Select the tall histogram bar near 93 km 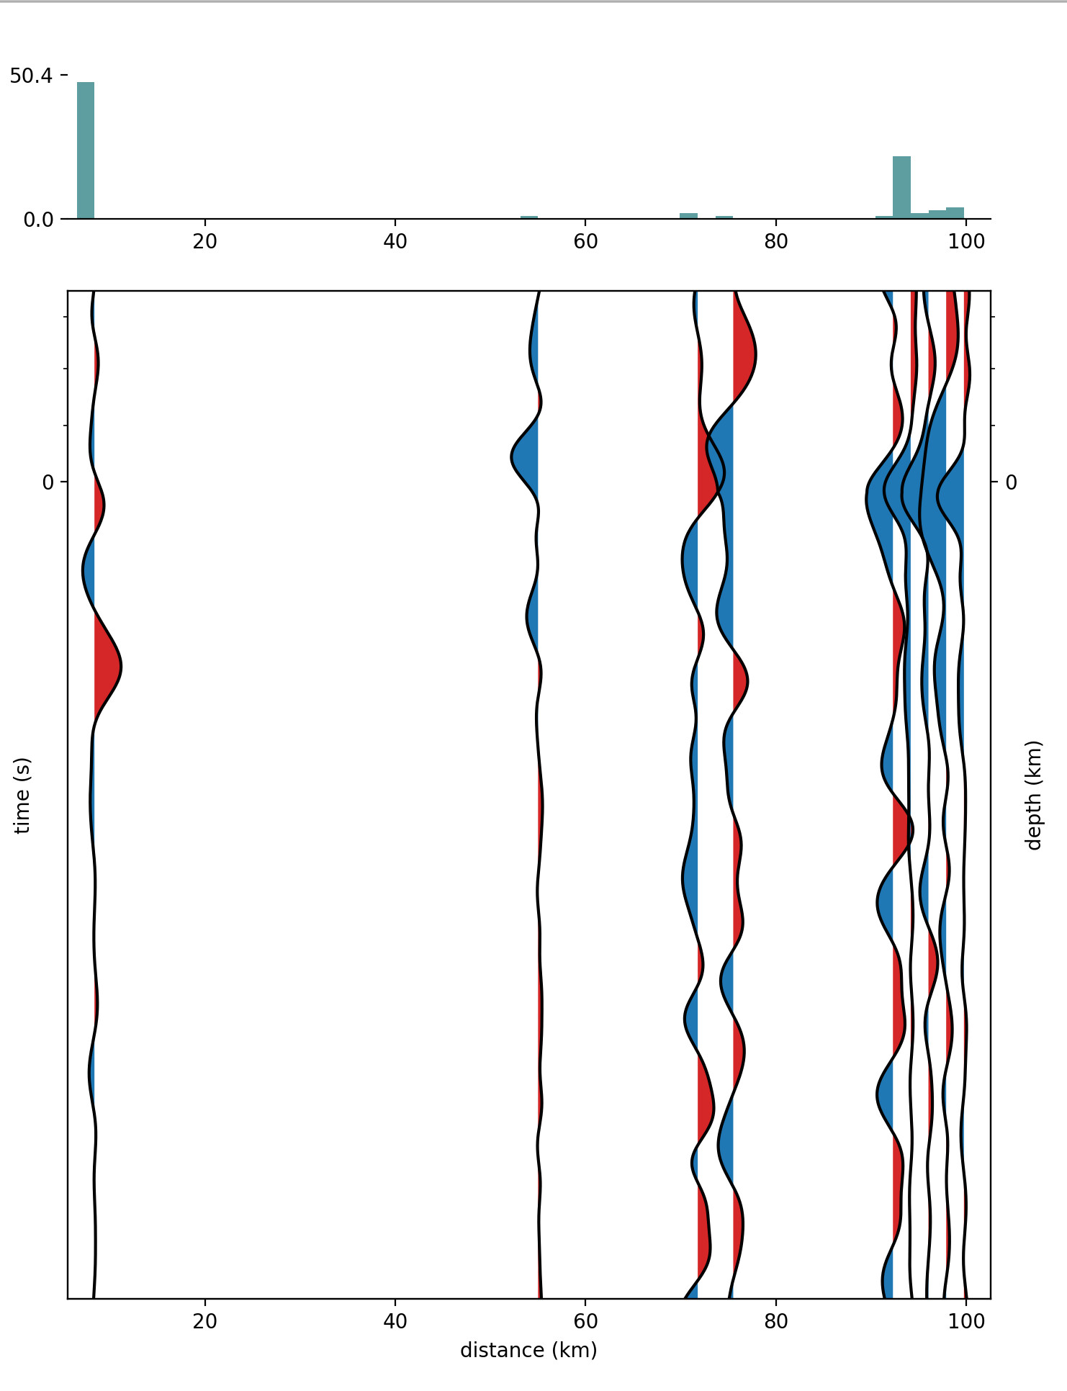click(x=901, y=187)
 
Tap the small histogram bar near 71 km click(x=688, y=215)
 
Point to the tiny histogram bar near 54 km click(x=529, y=217)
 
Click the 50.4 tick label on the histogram click(x=31, y=76)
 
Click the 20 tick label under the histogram click(x=205, y=242)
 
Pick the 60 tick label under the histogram click(x=586, y=242)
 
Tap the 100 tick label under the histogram click(x=966, y=242)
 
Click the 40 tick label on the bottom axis click(x=395, y=1322)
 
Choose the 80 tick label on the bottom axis click(x=776, y=1322)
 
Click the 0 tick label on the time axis click(x=48, y=482)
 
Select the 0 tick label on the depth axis click(x=1011, y=482)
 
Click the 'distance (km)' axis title click(x=528, y=1350)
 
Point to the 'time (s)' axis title click(x=23, y=795)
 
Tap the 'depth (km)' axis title click(x=1034, y=795)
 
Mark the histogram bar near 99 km click(x=955, y=213)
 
